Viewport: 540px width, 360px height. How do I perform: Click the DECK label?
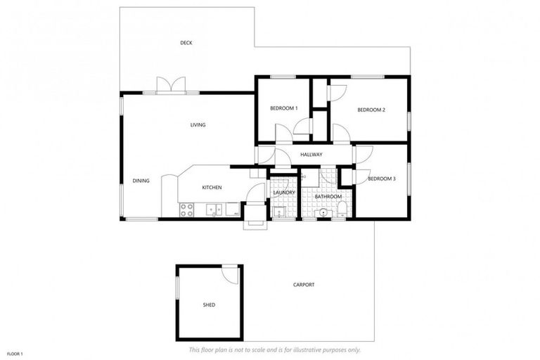(186, 43)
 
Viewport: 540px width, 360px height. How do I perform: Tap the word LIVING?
(198, 125)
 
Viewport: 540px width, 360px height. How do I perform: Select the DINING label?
(141, 181)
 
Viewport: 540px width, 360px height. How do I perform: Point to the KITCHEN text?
(212, 188)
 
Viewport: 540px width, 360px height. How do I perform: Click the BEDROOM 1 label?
(284, 108)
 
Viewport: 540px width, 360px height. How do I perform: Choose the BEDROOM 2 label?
(371, 110)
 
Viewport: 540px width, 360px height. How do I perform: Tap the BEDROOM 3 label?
(382, 179)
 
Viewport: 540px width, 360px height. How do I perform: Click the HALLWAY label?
(311, 155)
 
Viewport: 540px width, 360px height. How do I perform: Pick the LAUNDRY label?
(284, 192)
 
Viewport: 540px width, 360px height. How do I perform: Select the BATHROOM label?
(328, 196)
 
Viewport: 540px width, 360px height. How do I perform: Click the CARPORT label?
(304, 285)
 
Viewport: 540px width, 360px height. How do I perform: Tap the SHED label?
(209, 304)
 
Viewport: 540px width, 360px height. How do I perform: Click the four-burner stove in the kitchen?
(187, 209)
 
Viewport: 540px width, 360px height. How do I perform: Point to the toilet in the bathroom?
(341, 210)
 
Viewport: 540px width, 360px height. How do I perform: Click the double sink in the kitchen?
(214, 208)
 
